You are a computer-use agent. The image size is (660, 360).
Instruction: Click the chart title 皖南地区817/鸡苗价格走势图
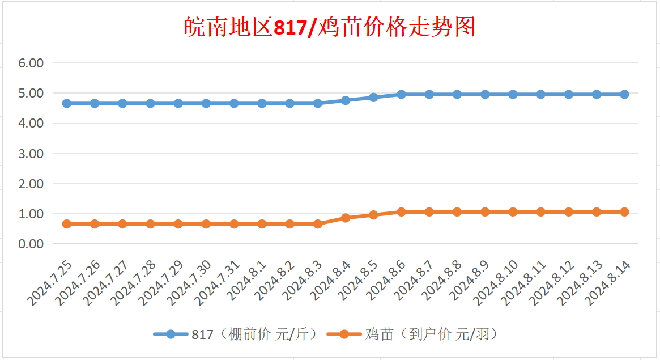click(330, 27)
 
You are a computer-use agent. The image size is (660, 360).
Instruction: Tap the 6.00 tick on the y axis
click(31, 63)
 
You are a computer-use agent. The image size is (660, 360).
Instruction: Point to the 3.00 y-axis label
click(31, 154)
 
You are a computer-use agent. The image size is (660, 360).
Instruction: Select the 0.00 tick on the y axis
click(31, 244)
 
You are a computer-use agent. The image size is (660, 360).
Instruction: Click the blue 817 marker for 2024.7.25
click(67, 103)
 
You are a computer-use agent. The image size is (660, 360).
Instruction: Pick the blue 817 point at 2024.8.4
click(346, 100)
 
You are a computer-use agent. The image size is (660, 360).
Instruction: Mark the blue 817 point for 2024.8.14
click(624, 94)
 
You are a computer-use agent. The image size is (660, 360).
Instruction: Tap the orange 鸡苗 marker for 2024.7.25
click(67, 224)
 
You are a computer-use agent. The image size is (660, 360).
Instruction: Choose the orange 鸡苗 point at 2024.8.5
click(373, 215)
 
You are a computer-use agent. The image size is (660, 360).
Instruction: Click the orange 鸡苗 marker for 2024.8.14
click(624, 212)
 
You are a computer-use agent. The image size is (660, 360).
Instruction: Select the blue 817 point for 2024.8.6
click(401, 94)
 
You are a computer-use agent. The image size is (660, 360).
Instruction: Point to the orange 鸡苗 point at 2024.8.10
click(513, 212)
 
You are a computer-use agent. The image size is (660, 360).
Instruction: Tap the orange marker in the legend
click(345, 334)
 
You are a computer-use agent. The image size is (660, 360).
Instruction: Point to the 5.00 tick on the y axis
click(31, 93)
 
